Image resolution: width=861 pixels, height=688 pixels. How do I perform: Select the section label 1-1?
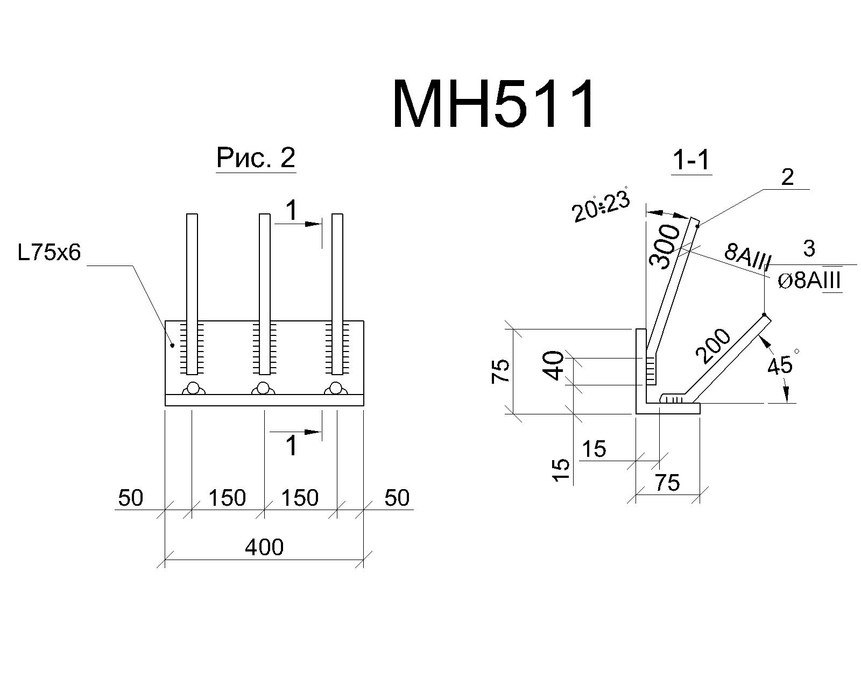click(691, 161)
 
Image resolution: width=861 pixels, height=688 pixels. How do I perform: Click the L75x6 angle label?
click(49, 252)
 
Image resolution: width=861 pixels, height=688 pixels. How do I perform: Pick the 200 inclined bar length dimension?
click(712, 346)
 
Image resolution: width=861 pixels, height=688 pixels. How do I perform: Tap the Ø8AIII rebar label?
click(809, 281)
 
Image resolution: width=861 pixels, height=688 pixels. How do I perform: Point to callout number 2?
click(787, 177)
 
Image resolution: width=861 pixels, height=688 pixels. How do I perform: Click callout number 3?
click(809, 249)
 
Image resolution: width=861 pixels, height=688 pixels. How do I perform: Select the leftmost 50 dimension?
click(130, 498)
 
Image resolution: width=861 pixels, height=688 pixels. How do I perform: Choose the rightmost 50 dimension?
click(397, 498)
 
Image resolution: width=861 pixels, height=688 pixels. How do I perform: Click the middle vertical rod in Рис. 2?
click(264, 294)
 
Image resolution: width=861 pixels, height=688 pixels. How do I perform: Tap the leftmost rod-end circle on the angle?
click(193, 388)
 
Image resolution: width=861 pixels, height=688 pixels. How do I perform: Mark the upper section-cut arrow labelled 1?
click(298, 224)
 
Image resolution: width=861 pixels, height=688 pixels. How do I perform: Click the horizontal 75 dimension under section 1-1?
click(667, 483)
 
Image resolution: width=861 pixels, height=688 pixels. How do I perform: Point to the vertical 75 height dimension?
click(500, 371)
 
